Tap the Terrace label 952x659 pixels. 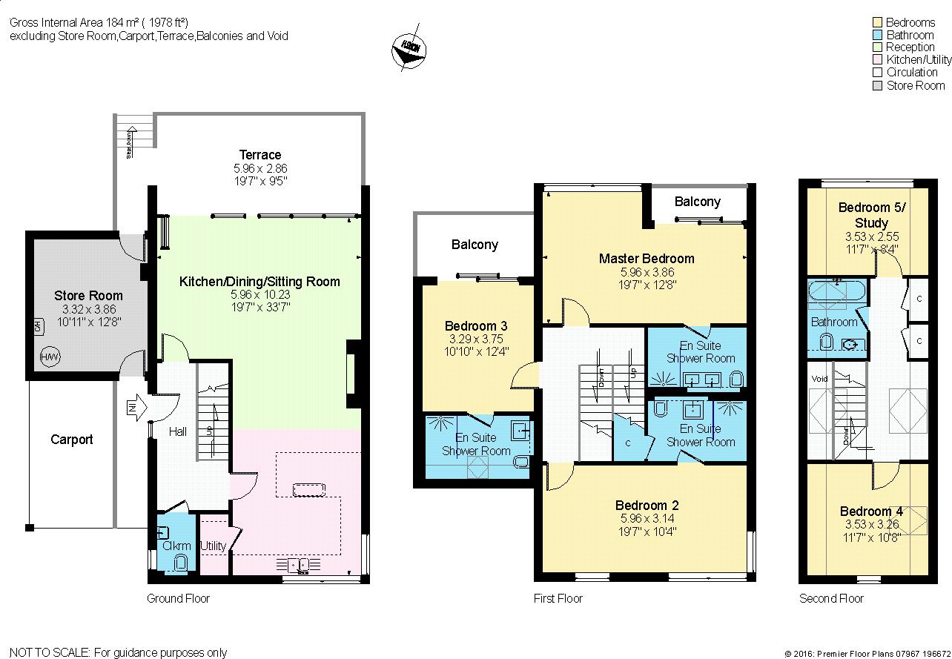tap(260, 155)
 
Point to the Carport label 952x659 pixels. tap(72, 440)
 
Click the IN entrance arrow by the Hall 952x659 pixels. tap(134, 407)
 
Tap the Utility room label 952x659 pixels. tap(213, 546)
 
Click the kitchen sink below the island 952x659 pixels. tap(303, 565)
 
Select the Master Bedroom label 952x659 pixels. tap(647, 259)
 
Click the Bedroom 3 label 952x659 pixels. tap(476, 326)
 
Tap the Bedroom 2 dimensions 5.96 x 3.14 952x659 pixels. tap(647, 518)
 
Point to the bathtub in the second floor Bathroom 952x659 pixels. tap(836, 292)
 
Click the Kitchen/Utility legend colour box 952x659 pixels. tap(879, 60)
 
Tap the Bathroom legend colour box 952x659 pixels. tap(879, 35)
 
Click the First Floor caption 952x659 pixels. tap(558, 598)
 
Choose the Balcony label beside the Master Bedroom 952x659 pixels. tap(697, 202)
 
